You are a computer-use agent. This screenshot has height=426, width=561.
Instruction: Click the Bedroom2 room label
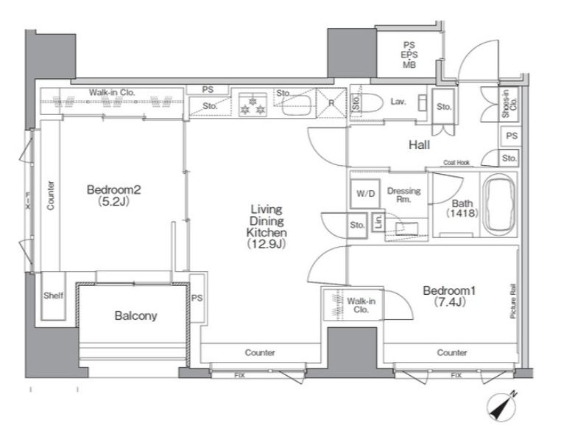(x=114, y=195)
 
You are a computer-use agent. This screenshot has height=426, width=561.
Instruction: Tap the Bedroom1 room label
(x=449, y=296)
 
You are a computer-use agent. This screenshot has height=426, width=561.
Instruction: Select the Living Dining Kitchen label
(x=267, y=226)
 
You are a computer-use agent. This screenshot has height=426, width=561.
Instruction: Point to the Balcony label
(x=135, y=315)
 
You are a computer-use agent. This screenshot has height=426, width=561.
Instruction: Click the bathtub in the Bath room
(x=499, y=205)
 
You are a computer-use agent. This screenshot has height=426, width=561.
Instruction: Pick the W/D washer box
(x=365, y=194)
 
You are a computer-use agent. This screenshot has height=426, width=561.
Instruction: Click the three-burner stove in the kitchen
(x=253, y=104)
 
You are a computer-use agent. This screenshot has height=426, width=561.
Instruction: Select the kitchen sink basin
(x=296, y=105)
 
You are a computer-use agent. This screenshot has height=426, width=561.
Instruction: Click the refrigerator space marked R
(x=331, y=103)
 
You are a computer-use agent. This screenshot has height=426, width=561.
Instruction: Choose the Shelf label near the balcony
(x=53, y=296)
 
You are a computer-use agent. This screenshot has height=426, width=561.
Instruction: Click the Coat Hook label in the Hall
(x=456, y=163)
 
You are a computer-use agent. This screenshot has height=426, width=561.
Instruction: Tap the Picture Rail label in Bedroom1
(x=513, y=301)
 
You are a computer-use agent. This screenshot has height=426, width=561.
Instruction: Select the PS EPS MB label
(x=409, y=55)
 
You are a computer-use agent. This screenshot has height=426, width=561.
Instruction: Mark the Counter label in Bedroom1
(x=451, y=352)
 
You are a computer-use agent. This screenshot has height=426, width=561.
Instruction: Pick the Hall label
(x=420, y=144)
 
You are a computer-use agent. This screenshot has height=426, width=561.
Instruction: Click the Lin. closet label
(x=378, y=222)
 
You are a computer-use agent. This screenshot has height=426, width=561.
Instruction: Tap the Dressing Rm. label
(x=404, y=195)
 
